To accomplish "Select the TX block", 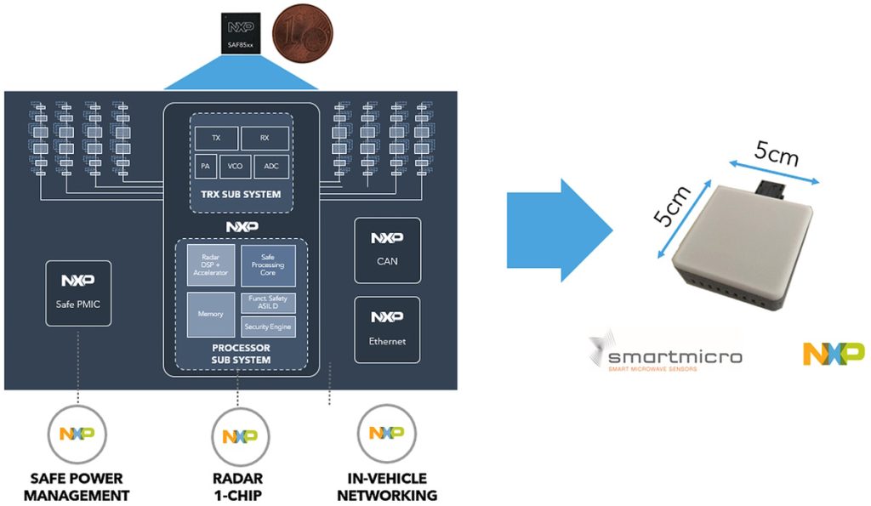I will click(215, 139).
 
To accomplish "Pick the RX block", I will click(265, 139).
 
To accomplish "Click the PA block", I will click(205, 167).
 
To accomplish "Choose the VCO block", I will click(235, 167).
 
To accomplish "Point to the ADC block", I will click(271, 167).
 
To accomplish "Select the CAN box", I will click(387, 250).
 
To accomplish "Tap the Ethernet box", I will click(387, 329).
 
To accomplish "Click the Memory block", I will click(209, 314).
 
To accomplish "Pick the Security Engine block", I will click(268, 327).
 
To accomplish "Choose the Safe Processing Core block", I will click(268, 265).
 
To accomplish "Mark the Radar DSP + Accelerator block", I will click(209, 265).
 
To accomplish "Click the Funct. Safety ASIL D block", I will click(268, 303).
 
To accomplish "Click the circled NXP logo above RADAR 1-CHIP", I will click(239, 436).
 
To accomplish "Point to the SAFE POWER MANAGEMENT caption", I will click(77, 486).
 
